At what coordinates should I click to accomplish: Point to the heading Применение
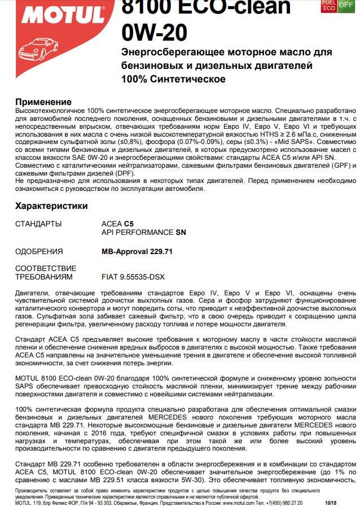(43, 102)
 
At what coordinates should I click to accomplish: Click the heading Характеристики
(51, 206)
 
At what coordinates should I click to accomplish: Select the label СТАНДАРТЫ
(38, 224)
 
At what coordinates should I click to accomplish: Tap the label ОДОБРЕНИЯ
(39, 251)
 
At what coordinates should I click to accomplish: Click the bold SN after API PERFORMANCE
(180, 232)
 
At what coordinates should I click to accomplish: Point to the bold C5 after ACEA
(129, 224)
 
